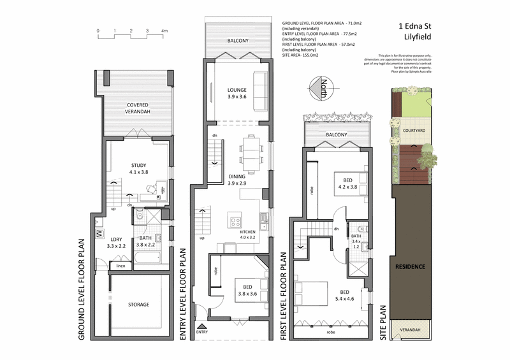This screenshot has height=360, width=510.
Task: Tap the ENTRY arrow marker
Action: coord(202,326)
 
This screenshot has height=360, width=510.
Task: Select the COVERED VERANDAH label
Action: coord(138,108)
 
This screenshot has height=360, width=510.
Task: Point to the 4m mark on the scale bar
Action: coord(164,31)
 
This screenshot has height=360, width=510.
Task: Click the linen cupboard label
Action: coord(120,265)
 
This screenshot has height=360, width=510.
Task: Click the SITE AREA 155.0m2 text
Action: coord(300,55)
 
